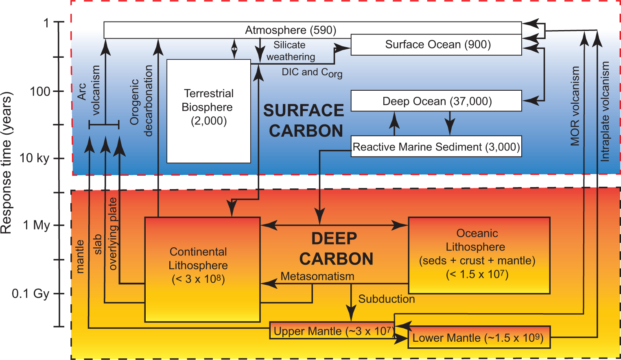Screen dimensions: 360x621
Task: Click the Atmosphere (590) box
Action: tap(290, 30)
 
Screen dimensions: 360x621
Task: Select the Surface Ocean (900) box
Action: tap(437, 44)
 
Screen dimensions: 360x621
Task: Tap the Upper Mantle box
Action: tap(332, 331)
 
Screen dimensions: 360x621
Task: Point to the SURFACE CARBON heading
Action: tap(304, 121)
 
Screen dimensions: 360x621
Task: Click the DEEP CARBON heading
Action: tap(335, 249)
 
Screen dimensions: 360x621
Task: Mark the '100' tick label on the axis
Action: tap(40, 92)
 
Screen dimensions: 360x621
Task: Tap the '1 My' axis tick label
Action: tap(36, 225)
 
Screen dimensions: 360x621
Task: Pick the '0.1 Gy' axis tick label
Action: tap(31, 293)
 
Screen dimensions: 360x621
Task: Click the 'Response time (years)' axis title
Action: tap(7, 163)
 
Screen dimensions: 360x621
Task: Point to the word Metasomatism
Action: tap(317, 276)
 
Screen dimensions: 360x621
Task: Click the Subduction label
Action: tap(386, 299)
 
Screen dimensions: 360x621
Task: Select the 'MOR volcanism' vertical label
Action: tap(575, 106)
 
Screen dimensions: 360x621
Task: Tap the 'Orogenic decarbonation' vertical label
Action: tap(141, 101)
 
